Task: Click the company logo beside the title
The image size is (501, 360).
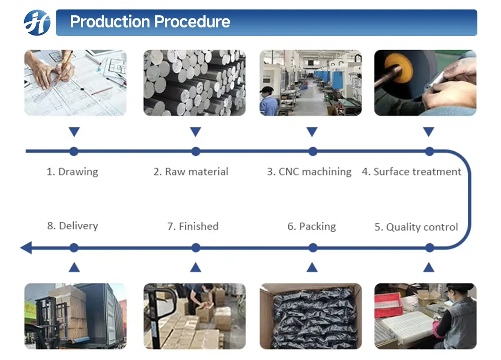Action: [x=37, y=23]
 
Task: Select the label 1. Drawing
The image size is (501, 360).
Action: [x=72, y=172]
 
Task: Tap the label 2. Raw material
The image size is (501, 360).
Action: [x=191, y=172]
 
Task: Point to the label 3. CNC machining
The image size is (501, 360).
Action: [x=309, y=172]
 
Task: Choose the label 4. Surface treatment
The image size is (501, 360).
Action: [x=411, y=172]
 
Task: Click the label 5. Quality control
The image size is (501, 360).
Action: [x=416, y=227]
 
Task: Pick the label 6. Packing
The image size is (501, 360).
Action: [x=311, y=227]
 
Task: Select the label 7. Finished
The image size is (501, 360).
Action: [x=193, y=227]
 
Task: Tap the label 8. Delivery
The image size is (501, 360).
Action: [x=72, y=226]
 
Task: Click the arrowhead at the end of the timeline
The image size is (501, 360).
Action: [x=26, y=247]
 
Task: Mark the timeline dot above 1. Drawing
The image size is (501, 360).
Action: [x=74, y=151]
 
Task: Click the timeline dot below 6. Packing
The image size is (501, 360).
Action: [x=312, y=247]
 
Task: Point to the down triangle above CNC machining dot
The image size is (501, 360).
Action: [x=312, y=132]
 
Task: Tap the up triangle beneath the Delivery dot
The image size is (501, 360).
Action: [x=74, y=267]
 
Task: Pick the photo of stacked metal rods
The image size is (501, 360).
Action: [x=194, y=83]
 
